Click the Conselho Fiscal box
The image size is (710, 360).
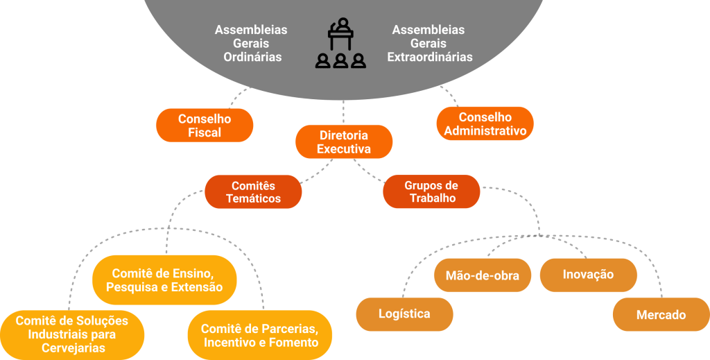pos(205,126)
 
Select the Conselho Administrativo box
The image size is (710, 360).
pos(485,124)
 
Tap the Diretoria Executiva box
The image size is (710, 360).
pos(344,142)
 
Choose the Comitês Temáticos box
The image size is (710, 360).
pos(253,192)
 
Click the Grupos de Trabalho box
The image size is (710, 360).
pos(431,192)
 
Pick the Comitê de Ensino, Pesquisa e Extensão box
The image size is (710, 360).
pos(164,280)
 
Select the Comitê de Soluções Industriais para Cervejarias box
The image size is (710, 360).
pos(72,334)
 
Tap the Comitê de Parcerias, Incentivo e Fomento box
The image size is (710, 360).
pos(260,335)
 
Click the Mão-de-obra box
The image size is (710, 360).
pos(483,275)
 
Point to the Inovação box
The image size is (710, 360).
pos(588,275)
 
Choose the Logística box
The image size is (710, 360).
pos(404,314)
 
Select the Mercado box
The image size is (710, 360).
pos(661,315)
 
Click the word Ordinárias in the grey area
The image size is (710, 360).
pos(252,57)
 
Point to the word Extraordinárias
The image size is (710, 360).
pos(430,57)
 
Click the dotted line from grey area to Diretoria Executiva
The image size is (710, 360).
pos(344,112)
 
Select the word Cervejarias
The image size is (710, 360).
pos(72,348)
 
